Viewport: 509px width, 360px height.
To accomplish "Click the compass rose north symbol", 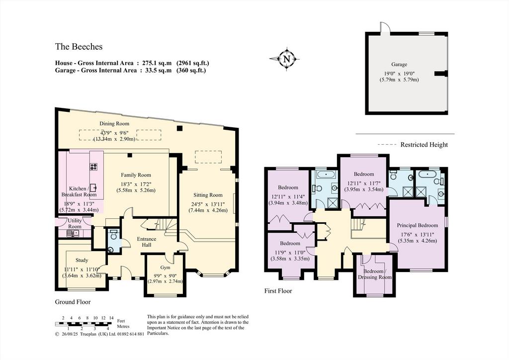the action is [x=286, y=59].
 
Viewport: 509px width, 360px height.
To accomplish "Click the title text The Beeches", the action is [x=79, y=47].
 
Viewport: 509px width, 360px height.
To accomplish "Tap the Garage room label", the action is [x=399, y=64].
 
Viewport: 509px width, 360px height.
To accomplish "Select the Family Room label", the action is [x=136, y=175].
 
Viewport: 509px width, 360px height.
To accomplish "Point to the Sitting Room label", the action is [x=208, y=195].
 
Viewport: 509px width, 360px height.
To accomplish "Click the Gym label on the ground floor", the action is [x=165, y=268].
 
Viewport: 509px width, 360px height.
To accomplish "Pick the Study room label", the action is [x=82, y=260].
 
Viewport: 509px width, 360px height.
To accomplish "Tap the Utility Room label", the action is [x=75, y=223].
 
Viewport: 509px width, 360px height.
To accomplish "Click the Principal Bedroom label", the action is [x=418, y=225].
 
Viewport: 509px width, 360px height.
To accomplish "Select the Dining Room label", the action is [x=114, y=123].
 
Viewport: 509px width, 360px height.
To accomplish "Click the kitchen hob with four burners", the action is [x=94, y=167].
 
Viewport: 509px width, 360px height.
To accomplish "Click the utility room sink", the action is [x=72, y=233].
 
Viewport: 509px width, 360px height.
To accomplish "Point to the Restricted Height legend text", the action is [x=424, y=145].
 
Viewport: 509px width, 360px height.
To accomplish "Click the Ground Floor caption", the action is [x=73, y=302].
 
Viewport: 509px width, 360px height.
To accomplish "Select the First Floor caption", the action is [x=278, y=291].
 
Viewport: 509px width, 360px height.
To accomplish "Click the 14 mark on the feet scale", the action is [x=111, y=318].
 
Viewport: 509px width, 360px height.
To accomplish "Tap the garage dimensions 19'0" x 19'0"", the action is [x=399, y=74].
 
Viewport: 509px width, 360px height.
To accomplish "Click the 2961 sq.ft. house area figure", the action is [x=192, y=63].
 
